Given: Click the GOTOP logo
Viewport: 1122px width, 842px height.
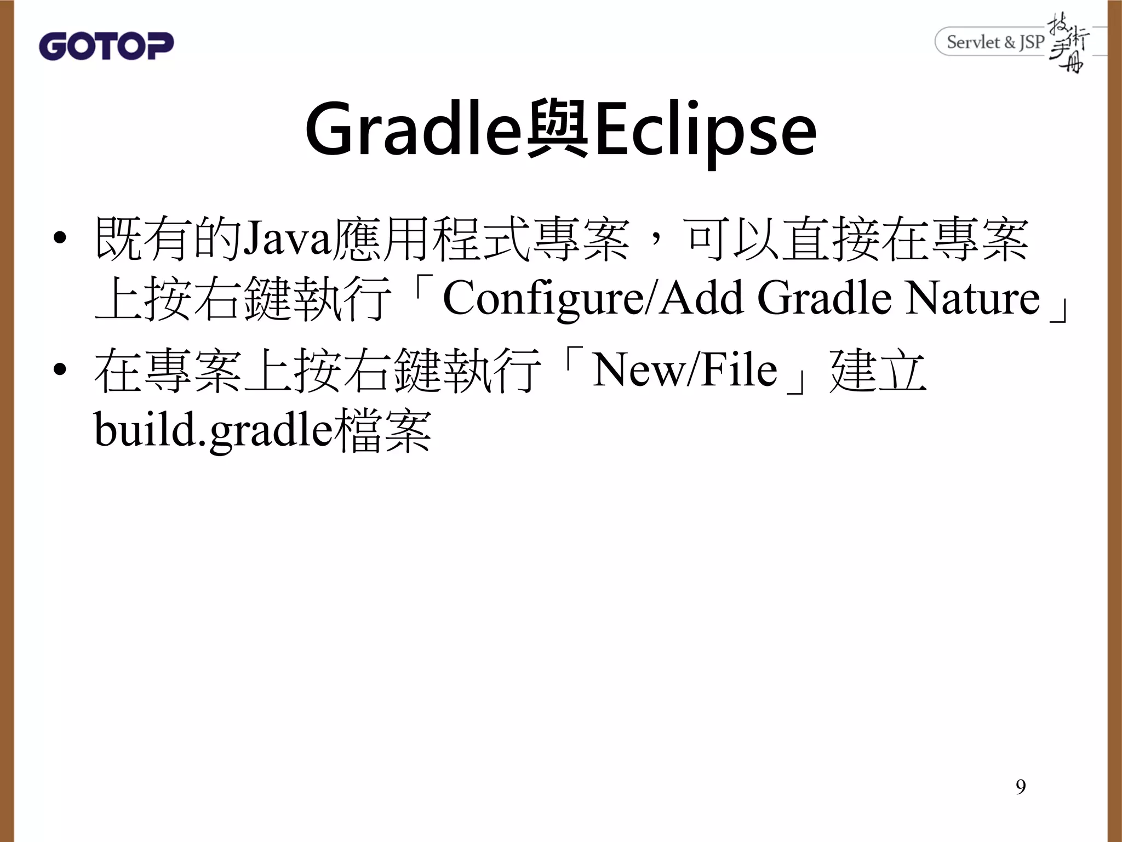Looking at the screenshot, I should [x=106, y=45].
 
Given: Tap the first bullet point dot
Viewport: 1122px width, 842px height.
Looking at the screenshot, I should [x=60, y=240].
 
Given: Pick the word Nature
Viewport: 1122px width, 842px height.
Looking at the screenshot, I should [x=972, y=299].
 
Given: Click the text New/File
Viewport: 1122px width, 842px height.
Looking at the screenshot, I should [x=684, y=371].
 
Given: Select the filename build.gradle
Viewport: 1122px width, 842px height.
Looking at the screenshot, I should [x=214, y=431].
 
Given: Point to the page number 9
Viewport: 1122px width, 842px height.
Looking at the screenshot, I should [x=1020, y=787].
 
